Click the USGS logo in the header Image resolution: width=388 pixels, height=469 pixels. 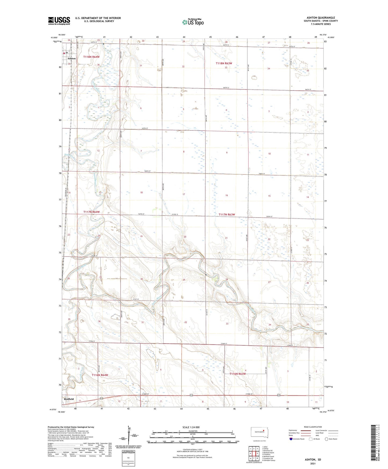click(x=59, y=21)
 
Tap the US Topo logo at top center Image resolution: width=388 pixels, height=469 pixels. click(x=193, y=22)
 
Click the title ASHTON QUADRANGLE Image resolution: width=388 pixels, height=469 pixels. click(x=321, y=18)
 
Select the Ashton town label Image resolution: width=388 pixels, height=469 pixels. click(x=71, y=59)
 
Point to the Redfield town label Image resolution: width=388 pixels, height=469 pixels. click(x=69, y=399)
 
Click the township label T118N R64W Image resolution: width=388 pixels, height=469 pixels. click(x=91, y=57)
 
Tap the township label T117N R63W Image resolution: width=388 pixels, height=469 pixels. click(x=227, y=214)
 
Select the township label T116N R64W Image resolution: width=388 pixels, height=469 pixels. click(x=100, y=375)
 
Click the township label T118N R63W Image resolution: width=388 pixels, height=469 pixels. click(x=224, y=63)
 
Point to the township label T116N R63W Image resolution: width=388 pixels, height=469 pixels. click(x=238, y=374)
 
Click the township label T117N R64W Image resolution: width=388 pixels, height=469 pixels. click(x=91, y=212)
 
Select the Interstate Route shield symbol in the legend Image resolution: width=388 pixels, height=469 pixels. click(x=291, y=439)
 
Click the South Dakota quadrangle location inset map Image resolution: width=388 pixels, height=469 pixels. click(x=259, y=433)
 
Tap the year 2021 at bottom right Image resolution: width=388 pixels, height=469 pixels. click(x=313, y=464)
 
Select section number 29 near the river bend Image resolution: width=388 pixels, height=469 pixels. click(x=184, y=280)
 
